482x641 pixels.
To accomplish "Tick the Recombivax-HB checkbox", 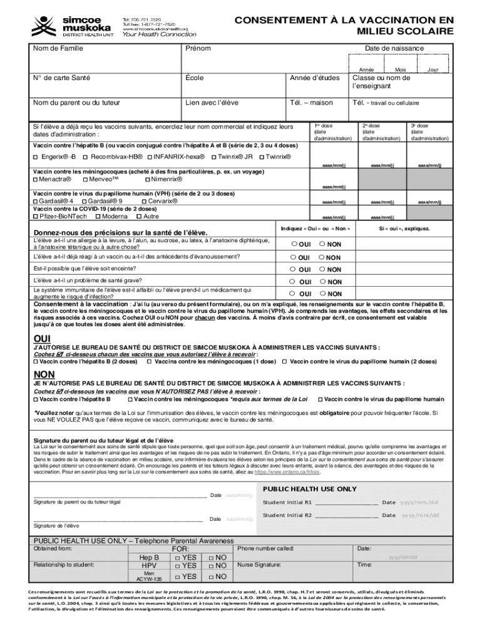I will [x=86, y=156].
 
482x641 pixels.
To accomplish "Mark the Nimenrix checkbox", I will [x=147, y=179].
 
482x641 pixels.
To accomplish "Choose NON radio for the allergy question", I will [x=322, y=244].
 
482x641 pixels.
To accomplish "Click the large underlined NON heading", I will [x=43, y=374].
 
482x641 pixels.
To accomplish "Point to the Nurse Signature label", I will [x=259, y=564].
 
